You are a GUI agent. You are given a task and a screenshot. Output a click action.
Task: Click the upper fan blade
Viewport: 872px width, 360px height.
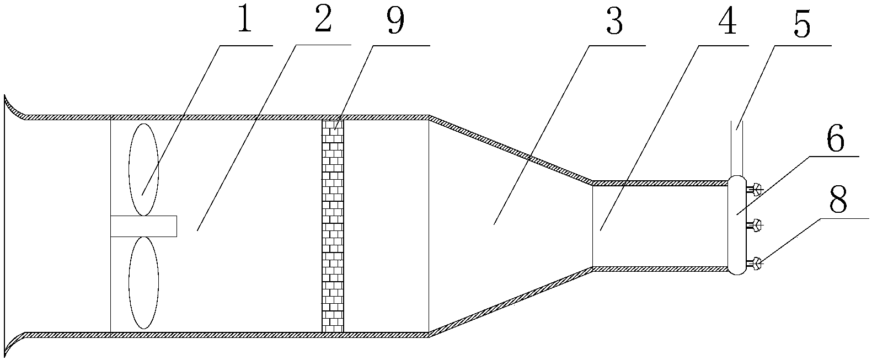click(x=143, y=169)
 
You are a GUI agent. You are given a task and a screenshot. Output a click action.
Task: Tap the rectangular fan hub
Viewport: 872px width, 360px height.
click(x=143, y=226)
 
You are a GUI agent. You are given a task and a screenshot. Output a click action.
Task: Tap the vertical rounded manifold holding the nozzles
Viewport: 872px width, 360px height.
click(x=736, y=225)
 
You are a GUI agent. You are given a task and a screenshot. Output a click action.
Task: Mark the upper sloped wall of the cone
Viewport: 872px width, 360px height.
click(x=510, y=149)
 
